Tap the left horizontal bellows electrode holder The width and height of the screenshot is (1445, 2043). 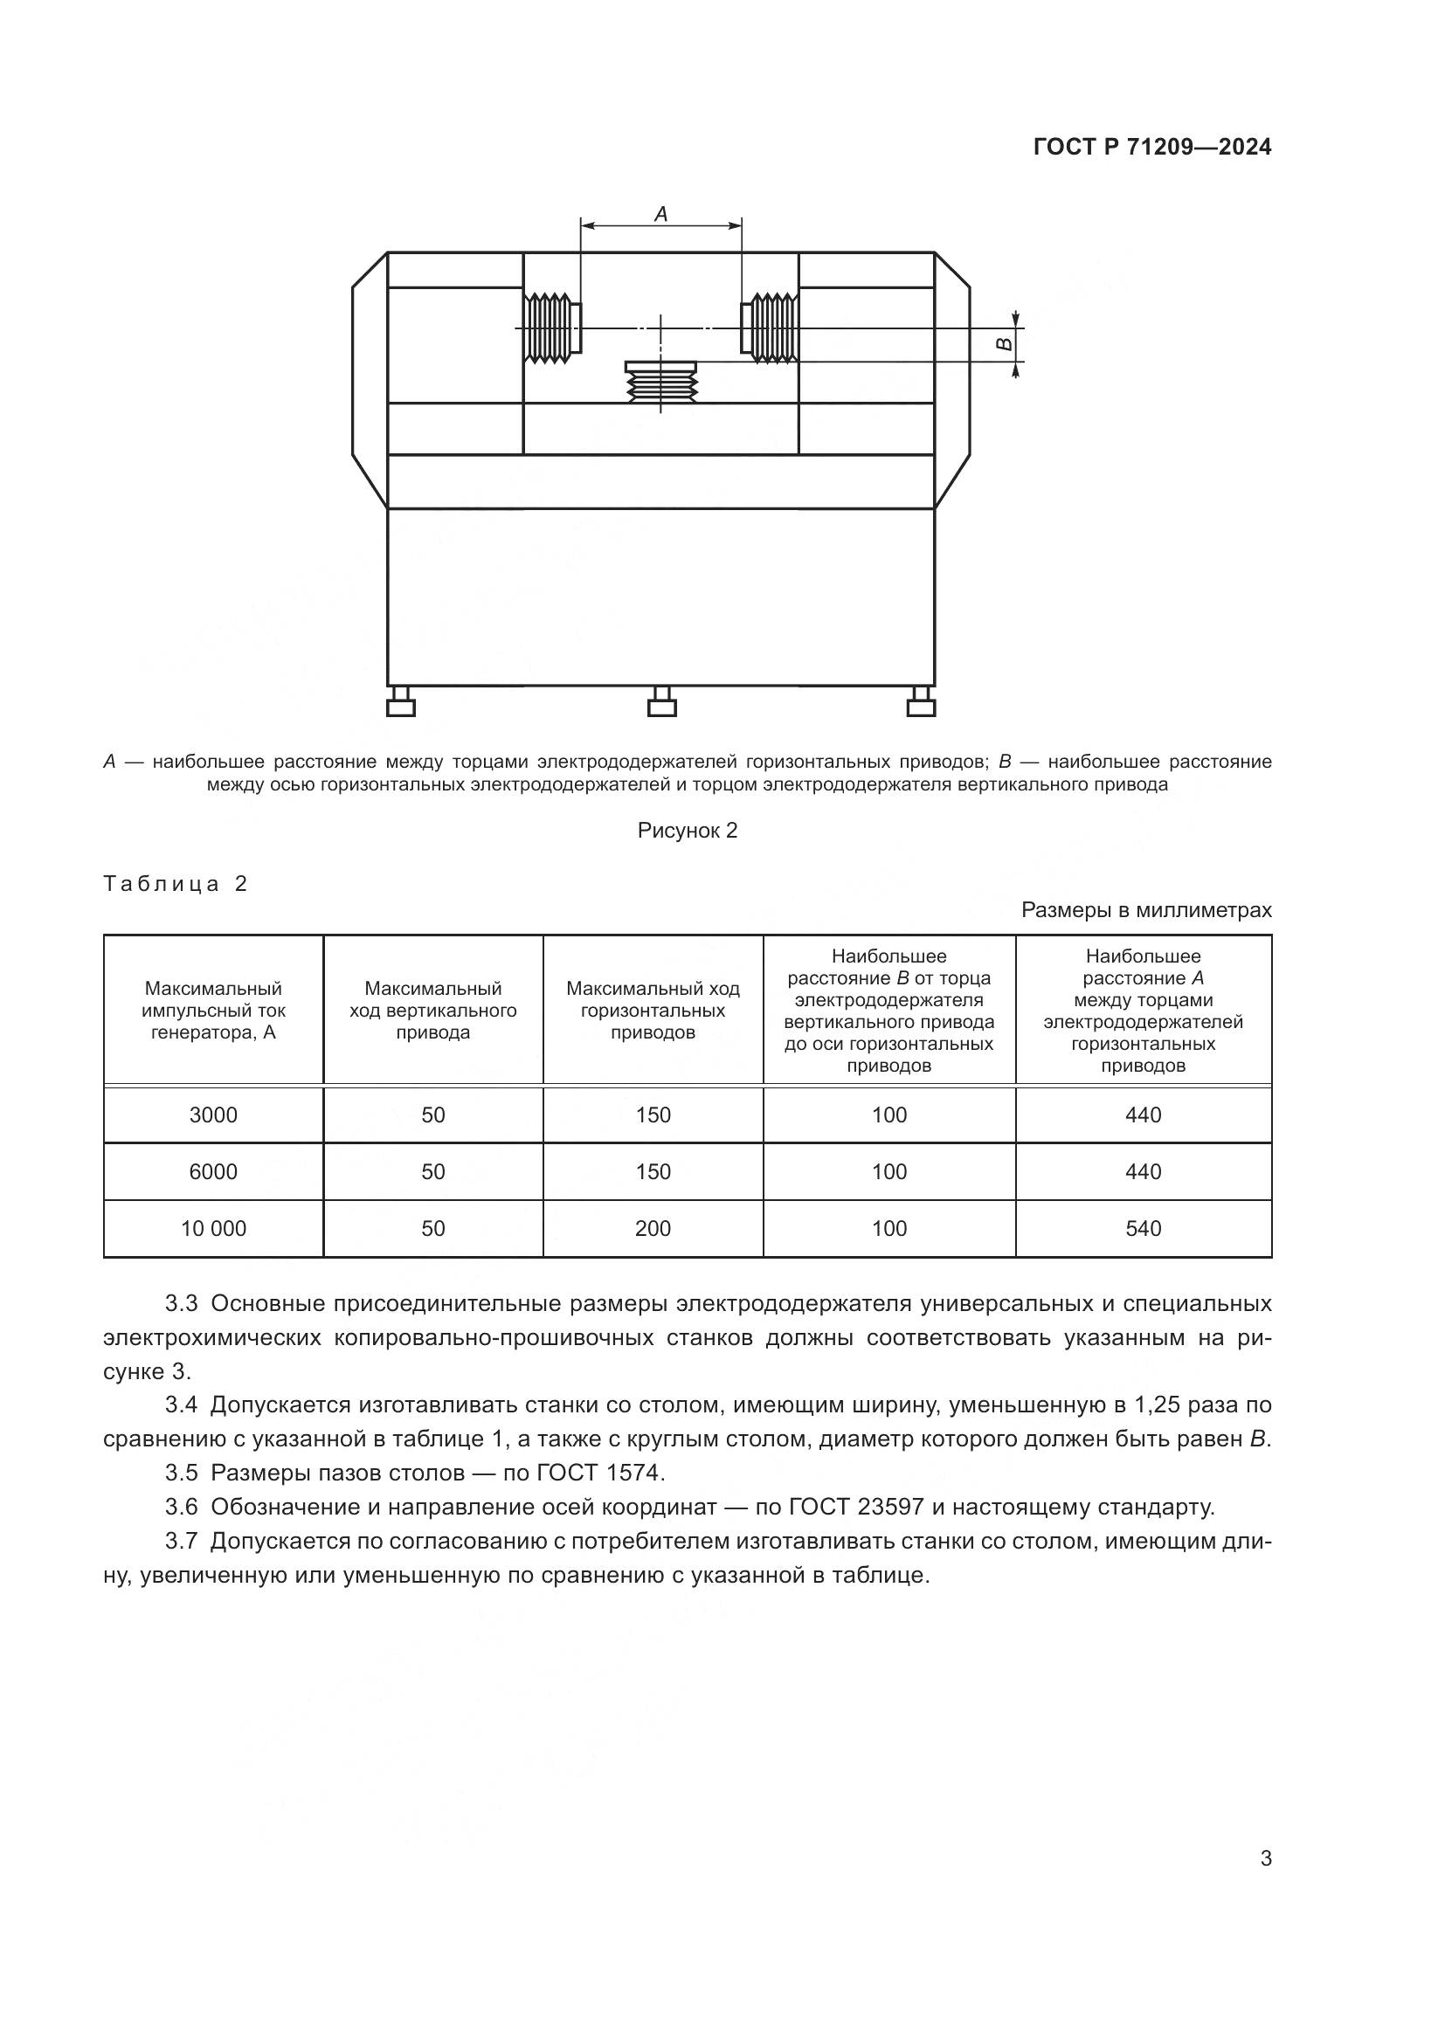(x=550, y=328)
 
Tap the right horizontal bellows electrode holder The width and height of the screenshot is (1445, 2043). (x=771, y=328)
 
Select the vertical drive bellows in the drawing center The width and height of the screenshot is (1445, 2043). (x=661, y=383)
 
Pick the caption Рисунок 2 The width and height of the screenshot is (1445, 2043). (x=687, y=830)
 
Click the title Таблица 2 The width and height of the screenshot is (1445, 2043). (x=176, y=884)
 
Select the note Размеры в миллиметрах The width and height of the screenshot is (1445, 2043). (x=1145, y=910)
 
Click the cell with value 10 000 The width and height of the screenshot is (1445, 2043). (x=212, y=1229)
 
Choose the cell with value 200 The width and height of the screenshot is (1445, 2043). (x=653, y=1229)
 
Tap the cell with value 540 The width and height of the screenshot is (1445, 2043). (x=1143, y=1229)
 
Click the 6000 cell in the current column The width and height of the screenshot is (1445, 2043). (x=212, y=1172)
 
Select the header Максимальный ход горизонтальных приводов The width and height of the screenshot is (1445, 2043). (x=653, y=1010)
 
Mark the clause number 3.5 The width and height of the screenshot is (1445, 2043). (x=181, y=1473)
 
